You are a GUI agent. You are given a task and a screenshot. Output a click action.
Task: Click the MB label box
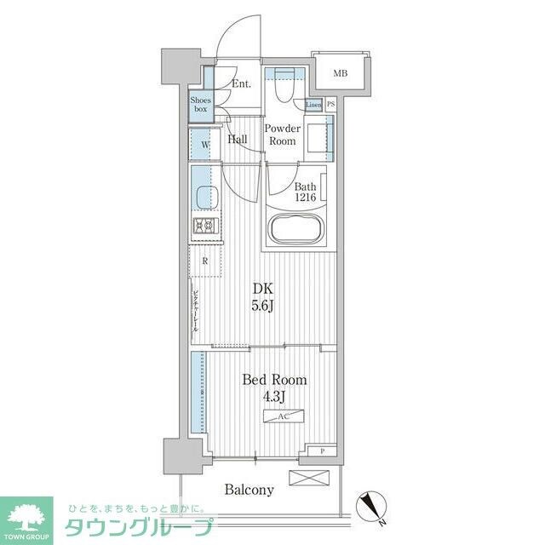[340, 74]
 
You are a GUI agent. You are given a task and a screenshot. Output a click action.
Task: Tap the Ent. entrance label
[242, 83]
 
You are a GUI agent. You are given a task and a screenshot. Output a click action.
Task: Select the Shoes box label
[200, 106]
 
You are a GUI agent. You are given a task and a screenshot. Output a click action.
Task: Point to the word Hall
[238, 140]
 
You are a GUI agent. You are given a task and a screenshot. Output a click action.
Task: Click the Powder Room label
[282, 135]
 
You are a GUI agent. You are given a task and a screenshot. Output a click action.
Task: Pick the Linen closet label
[313, 105]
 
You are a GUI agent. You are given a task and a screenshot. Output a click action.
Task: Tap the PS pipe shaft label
[330, 105]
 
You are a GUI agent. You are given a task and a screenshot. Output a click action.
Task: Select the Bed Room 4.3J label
[273, 387]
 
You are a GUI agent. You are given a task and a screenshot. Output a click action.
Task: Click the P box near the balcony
[322, 452]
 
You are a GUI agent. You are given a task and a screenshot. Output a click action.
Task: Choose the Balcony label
[250, 490]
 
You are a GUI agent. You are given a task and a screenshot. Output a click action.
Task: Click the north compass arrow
[374, 503]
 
